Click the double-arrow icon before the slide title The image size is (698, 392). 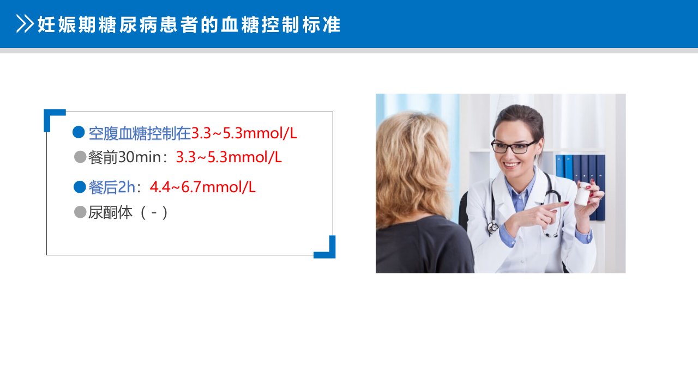(25, 24)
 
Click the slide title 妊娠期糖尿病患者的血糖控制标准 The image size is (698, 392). (189, 24)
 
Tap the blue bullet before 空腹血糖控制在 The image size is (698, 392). (79, 132)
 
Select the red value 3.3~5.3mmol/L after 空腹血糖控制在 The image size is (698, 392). (244, 133)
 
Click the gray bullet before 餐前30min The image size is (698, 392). (80, 157)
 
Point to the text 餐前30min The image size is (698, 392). (125, 157)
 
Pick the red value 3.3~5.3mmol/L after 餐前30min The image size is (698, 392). (228, 157)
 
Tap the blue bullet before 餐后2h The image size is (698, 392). (80, 187)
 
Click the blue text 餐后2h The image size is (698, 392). (112, 187)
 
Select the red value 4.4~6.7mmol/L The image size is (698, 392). (202, 187)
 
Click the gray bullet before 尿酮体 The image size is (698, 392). (80, 212)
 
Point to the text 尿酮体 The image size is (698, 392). (110, 212)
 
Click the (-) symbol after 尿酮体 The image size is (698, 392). (154, 213)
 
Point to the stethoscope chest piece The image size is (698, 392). (493, 227)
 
